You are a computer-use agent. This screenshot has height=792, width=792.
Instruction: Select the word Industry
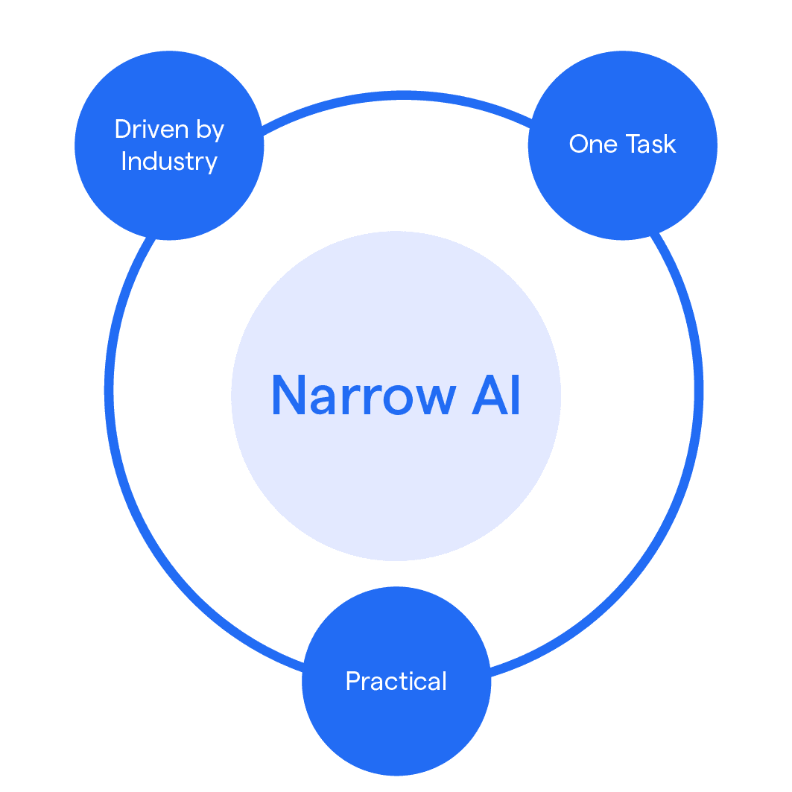[169, 162]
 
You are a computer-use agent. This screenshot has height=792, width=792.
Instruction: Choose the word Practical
[396, 681]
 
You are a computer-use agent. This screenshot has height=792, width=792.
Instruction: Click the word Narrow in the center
[362, 395]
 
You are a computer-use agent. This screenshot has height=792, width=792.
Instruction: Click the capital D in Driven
[122, 130]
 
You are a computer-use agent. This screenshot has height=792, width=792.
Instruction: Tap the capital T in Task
[627, 144]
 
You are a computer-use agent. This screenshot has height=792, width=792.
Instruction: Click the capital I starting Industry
[124, 162]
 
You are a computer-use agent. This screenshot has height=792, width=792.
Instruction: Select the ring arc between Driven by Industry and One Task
[396, 95]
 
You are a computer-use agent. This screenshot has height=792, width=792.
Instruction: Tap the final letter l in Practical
[444, 680]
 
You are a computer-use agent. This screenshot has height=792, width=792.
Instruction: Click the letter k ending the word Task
[670, 144]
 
